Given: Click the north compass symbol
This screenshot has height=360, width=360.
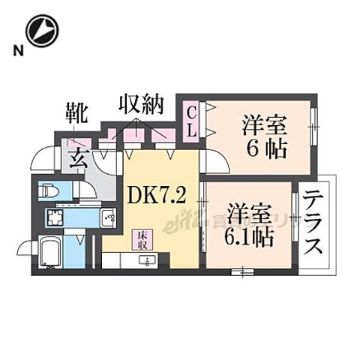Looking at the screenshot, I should [42, 31].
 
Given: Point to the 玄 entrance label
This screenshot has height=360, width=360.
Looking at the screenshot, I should [77, 158].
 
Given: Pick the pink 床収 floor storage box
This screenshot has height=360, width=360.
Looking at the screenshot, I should [140, 240].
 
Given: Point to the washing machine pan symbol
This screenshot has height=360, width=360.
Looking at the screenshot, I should [56, 219].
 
